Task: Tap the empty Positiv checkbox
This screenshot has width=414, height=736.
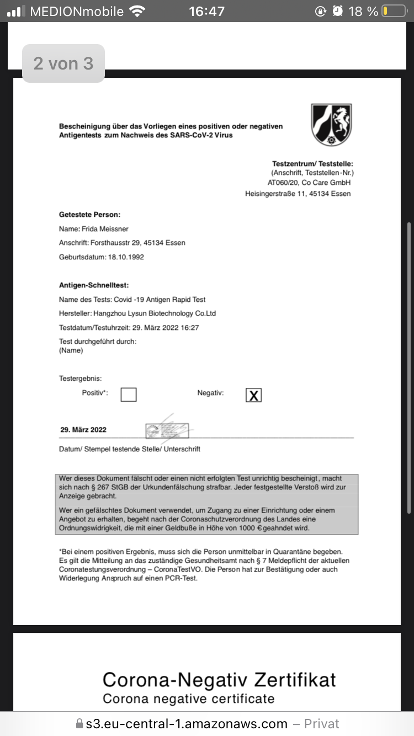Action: pyautogui.click(x=129, y=394)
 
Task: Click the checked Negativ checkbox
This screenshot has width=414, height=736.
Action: pyautogui.click(x=253, y=395)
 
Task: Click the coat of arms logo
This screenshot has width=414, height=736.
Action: pyautogui.click(x=331, y=125)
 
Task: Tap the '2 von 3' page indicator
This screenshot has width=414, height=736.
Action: pyautogui.click(x=63, y=63)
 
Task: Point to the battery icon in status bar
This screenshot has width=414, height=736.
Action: pyautogui.click(x=394, y=11)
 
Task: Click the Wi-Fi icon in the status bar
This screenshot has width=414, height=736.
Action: pyautogui.click(x=136, y=11)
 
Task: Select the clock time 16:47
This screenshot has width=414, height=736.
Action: pyautogui.click(x=206, y=11)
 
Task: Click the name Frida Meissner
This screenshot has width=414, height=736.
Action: pyautogui.click(x=105, y=229)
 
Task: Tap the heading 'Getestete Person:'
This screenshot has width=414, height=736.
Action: pyautogui.click(x=89, y=215)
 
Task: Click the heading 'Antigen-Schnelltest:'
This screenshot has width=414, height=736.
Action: pyautogui.click(x=94, y=285)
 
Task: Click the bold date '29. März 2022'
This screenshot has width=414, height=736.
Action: pyautogui.click(x=83, y=430)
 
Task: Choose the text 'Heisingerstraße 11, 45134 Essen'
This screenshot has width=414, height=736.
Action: pyautogui.click(x=298, y=194)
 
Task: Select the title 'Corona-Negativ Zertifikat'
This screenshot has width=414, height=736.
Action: pyautogui.click(x=219, y=680)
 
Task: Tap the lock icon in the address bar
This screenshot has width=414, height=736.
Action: pyautogui.click(x=79, y=724)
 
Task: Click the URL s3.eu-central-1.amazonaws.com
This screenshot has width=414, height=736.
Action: pyautogui.click(x=187, y=724)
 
